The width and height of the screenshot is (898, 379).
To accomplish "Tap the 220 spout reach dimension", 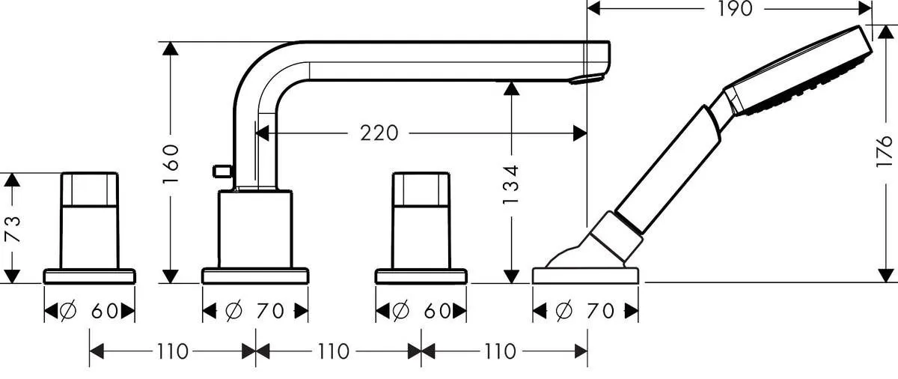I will [379, 133].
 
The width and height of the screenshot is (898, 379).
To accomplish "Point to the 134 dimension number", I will [511, 184].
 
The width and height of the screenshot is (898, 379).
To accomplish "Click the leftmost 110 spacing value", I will [173, 351].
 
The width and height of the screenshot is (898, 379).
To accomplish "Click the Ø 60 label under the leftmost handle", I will [91, 310].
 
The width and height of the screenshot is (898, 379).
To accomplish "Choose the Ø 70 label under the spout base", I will [255, 310].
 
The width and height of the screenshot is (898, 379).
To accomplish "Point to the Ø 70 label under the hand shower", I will [586, 310].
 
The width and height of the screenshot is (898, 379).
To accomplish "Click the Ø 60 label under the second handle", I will [421, 310].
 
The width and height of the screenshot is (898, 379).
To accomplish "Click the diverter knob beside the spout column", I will [221, 172].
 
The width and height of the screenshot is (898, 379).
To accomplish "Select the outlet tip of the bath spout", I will [587, 77].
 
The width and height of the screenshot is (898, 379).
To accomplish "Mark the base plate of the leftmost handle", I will [90, 276].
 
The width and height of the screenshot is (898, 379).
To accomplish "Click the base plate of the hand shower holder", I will [586, 275].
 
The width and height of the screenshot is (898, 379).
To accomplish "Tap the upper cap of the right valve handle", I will [421, 189].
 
